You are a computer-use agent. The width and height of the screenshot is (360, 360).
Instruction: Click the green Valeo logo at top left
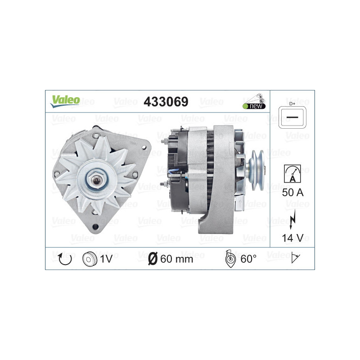(x=65, y=101)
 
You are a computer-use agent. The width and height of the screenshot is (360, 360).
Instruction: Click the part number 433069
(x=166, y=102)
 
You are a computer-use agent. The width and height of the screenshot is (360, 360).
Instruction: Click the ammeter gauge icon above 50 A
(x=292, y=173)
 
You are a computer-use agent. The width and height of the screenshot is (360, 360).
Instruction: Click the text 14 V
(x=292, y=238)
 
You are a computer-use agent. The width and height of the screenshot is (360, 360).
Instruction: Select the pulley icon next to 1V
(x=90, y=259)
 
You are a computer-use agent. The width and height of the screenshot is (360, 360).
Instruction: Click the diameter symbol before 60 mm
(x=153, y=259)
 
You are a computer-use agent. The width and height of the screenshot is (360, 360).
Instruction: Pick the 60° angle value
(x=248, y=259)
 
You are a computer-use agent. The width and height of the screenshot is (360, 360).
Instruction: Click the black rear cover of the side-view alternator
(x=175, y=171)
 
